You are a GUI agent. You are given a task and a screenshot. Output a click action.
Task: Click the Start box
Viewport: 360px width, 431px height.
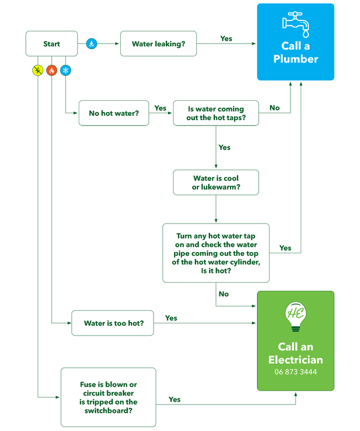click(52, 44)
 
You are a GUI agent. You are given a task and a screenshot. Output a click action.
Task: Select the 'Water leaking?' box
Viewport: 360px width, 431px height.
click(158, 44)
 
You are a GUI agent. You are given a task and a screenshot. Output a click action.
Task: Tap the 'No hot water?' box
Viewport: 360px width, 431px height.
click(113, 114)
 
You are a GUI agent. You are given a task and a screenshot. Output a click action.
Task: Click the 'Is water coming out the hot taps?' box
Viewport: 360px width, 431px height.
click(216, 113)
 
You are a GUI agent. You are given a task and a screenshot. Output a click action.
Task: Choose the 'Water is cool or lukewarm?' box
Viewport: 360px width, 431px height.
click(216, 183)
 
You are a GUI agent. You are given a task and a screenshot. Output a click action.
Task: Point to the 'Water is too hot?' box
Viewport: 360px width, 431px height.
click(113, 324)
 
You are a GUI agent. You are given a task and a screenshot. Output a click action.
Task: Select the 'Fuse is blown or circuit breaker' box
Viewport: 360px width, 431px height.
click(108, 397)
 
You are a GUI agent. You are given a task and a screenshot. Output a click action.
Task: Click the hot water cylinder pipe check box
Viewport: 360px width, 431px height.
click(216, 253)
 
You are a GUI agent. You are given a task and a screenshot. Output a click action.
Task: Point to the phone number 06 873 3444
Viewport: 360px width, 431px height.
click(295, 372)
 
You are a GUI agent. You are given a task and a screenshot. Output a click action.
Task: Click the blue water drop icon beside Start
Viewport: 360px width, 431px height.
click(91, 44)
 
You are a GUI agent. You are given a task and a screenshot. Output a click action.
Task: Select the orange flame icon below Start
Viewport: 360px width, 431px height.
click(52, 71)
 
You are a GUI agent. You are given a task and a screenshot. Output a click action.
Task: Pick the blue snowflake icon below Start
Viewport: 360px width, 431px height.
click(66, 71)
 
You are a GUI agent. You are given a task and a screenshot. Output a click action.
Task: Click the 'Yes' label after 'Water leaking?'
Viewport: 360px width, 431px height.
click(226, 39)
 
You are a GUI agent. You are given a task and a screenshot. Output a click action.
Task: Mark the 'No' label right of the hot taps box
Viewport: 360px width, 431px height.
click(274, 108)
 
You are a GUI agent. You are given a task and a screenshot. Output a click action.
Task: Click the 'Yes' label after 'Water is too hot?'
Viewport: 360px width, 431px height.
click(171, 318)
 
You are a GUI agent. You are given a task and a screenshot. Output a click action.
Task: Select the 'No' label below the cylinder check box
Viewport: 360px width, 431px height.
click(224, 294)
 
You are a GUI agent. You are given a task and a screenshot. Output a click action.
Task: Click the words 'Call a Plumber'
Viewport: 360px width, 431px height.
click(295, 53)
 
